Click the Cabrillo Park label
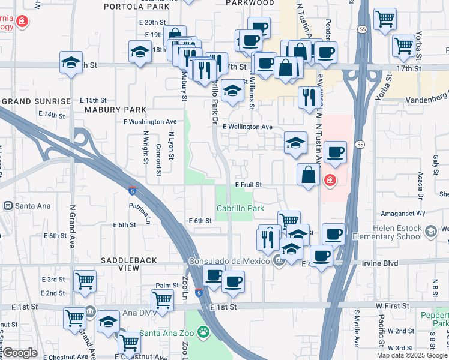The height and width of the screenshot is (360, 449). [x=240, y=208]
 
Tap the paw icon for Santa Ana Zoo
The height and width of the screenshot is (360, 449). [x=204, y=331]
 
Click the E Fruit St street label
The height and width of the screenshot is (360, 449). [x=248, y=185]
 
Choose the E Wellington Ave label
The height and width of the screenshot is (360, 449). [x=247, y=127]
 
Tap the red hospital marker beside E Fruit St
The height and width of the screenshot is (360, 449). [x=330, y=180]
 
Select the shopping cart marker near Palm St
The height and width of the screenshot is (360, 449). [x=162, y=299]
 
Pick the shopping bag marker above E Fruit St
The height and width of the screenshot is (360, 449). [x=308, y=175]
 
